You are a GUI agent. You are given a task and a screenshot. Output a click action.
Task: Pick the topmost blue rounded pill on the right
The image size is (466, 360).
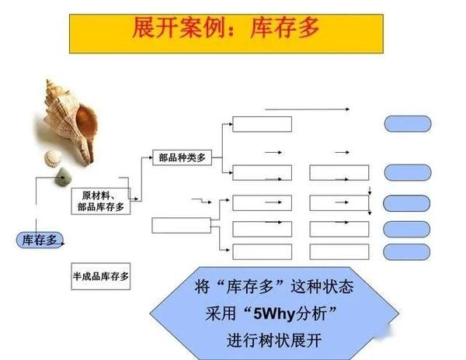408,123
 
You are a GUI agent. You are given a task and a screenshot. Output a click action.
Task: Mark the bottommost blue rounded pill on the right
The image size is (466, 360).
408,252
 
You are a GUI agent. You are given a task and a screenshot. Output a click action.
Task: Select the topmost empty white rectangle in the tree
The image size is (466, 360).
262,123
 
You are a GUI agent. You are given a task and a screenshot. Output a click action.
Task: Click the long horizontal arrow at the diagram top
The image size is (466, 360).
307,109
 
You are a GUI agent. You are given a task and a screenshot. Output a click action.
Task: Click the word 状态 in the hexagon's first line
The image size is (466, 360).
336,287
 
